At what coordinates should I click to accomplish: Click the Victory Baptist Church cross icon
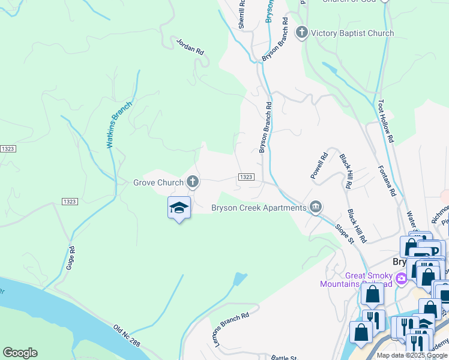302,33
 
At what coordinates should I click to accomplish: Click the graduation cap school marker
179,208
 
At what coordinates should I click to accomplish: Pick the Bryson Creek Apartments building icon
316,208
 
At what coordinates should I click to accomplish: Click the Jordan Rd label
190,47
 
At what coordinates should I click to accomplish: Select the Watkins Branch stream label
119,124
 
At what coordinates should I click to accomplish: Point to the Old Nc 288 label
127,336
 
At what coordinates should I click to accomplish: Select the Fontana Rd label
387,182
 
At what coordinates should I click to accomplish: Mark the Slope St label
343,230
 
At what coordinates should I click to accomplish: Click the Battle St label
284,358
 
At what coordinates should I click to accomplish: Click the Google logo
20,353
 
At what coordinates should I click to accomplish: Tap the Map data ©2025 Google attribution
412,355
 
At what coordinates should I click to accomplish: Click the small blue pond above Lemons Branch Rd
240,279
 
